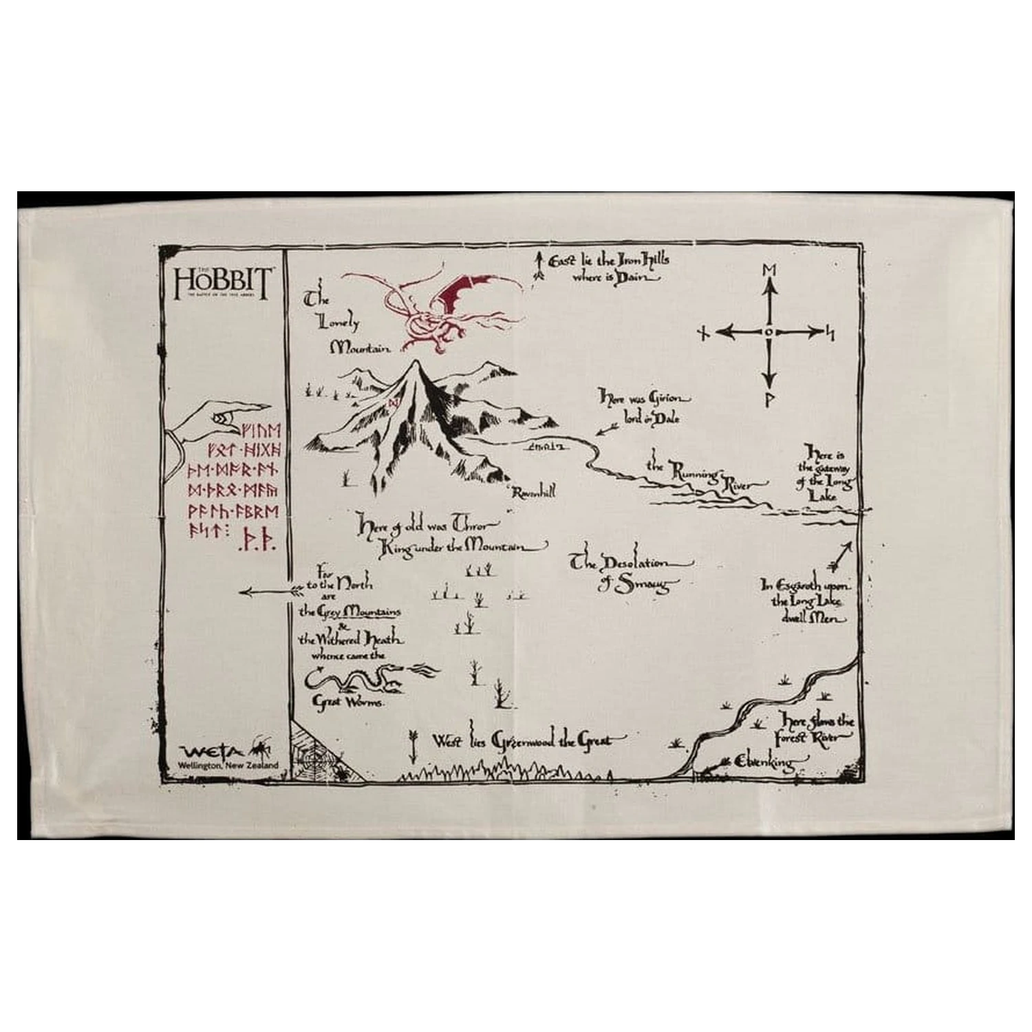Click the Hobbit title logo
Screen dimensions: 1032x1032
224,280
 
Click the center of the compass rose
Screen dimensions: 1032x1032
768,332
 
